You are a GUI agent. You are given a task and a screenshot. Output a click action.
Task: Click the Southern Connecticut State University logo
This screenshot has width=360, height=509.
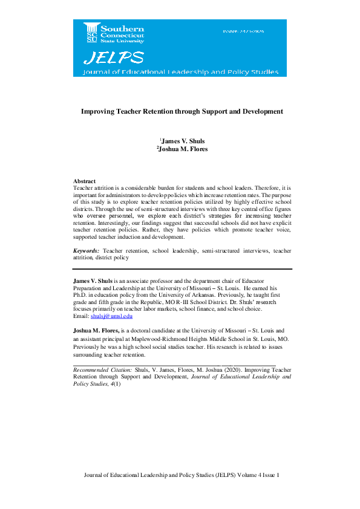(x=110, y=34)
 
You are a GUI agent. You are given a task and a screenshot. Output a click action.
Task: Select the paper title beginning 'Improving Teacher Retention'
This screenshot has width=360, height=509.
(x=182, y=112)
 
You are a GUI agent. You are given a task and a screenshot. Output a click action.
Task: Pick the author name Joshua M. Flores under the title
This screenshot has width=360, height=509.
(x=182, y=149)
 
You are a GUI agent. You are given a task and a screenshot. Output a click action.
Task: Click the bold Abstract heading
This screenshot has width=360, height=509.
(x=84, y=181)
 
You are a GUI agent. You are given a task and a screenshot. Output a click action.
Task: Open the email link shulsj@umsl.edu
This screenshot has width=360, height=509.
(x=111, y=316)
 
